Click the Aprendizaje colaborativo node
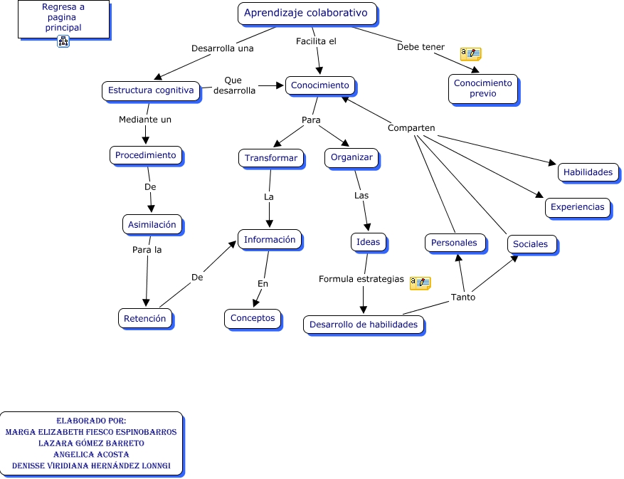tap(306, 13)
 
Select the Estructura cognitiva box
tap(150, 90)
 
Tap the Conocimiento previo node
tap(482, 88)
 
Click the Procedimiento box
tap(146, 155)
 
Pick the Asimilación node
tap(152, 224)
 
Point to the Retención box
tap(144, 318)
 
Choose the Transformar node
tap(270, 158)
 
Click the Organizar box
tap(351, 157)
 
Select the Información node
tap(270, 240)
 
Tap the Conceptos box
tap(253, 318)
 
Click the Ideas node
tap(369, 242)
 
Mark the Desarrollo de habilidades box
tap(364, 325)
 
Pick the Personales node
tap(455, 243)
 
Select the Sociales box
tap(531, 244)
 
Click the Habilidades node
tap(588, 172)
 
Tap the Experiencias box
tap(577, 208)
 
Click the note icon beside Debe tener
tap(470, 53)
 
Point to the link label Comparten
tap(411, 128)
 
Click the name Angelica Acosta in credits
tap(91, 454)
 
